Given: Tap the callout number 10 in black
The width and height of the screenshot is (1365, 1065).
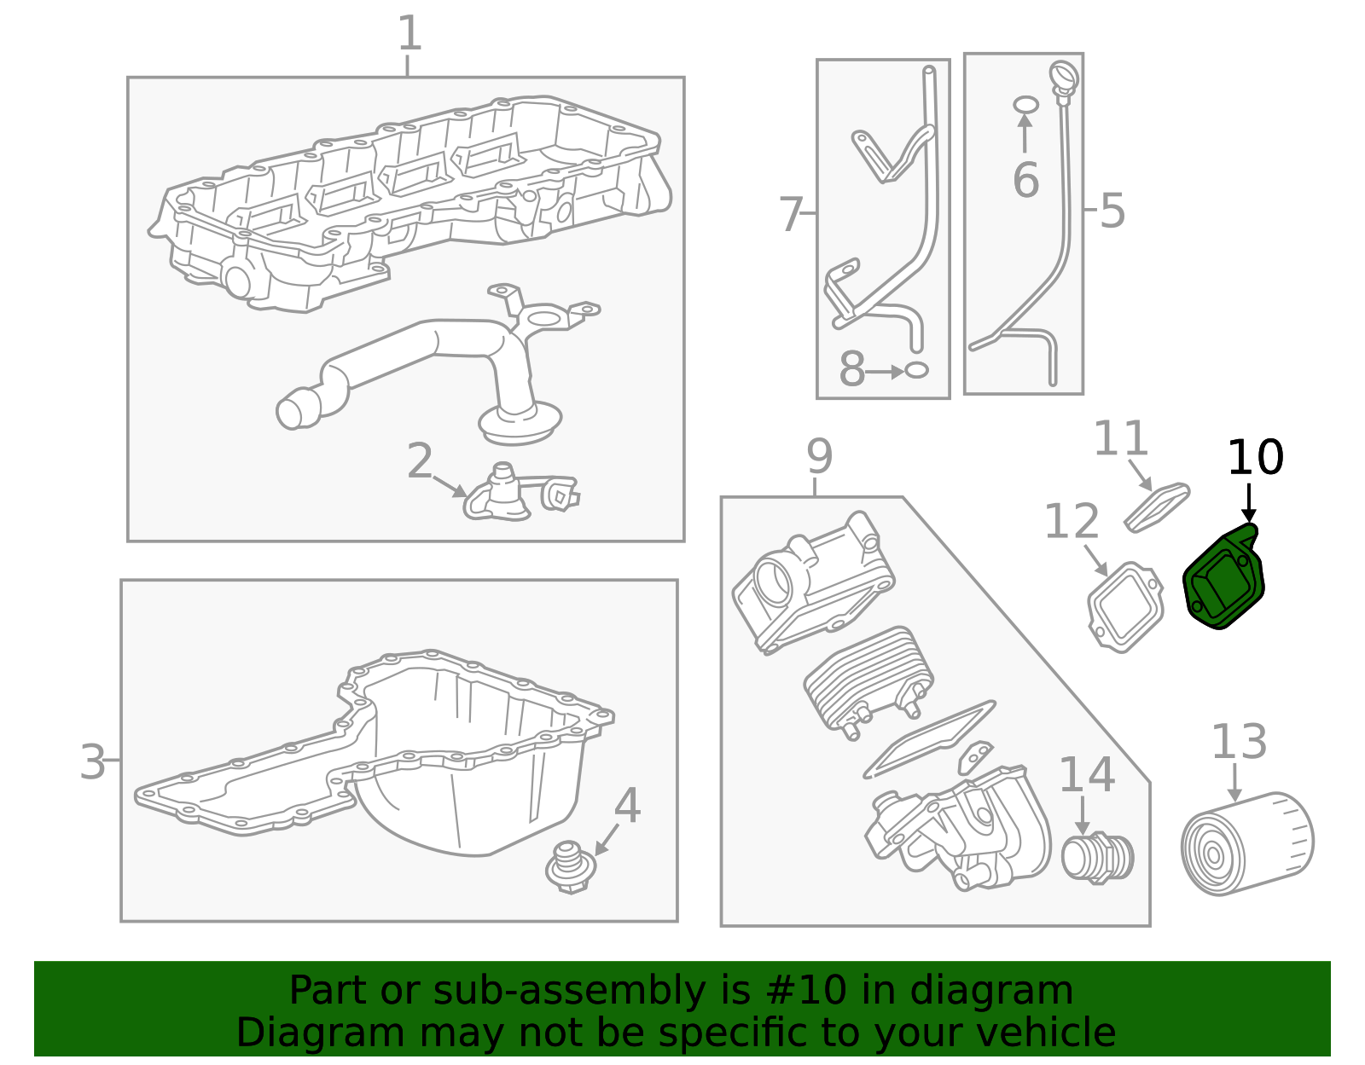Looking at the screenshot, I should tap(1254, 458).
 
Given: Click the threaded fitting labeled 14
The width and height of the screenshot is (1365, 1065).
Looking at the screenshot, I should tap(1097, 856).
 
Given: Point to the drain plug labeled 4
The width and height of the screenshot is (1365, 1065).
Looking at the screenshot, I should tap(570, 867).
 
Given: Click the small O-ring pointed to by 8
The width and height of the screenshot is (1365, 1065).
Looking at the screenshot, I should tap(915, 370).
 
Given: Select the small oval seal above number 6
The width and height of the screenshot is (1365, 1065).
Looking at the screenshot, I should tap(1025, 105).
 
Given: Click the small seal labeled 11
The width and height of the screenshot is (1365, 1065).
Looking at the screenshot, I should tap(1157, 506).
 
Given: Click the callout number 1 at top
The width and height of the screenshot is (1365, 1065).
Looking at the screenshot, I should tap(409, 34).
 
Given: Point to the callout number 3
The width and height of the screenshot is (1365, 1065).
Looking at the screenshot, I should tap(92, 761).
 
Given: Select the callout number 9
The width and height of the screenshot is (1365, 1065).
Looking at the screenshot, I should tap(819, 457).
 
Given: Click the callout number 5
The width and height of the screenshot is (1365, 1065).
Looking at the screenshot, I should tap(1112, 211).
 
